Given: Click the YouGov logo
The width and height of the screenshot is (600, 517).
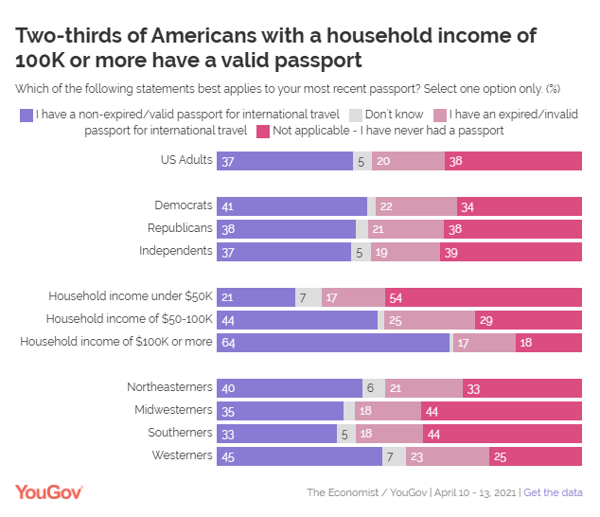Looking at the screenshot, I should pos(49,491).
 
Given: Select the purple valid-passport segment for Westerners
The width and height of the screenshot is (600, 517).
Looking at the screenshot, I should pos(299,456).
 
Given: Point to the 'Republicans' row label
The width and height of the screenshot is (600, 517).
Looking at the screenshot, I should pos(180,228).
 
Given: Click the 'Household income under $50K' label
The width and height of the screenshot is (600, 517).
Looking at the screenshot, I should pos(131,296).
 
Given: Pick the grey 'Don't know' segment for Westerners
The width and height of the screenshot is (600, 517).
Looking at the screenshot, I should pos(394,456).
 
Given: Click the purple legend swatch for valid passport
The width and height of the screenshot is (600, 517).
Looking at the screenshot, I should pos(26,116).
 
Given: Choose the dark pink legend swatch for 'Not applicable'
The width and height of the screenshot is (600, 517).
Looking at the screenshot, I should pos(262,131).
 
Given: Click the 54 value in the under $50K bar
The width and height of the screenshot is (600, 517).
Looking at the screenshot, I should pos(396,296).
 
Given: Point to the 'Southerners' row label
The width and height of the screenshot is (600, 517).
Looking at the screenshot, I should pos(180,433).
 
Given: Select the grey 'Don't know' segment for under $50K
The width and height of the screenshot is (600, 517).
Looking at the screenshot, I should pos(308,296).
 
